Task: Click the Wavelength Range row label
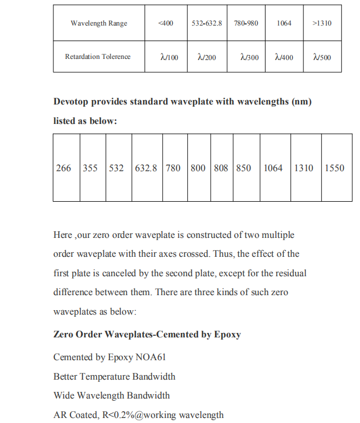(x=99, y=23)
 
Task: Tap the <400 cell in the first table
(x=166, y=23)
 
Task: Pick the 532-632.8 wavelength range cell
(x=207, y=23)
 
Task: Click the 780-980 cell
(x=246, y=23)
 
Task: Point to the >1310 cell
(x=322, y=23)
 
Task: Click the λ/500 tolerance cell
(x=322, y=57)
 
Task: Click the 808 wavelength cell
(x=221, y=168)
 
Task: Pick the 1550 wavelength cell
(x=334, y=168)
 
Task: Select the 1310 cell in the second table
(x=304, y=168)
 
